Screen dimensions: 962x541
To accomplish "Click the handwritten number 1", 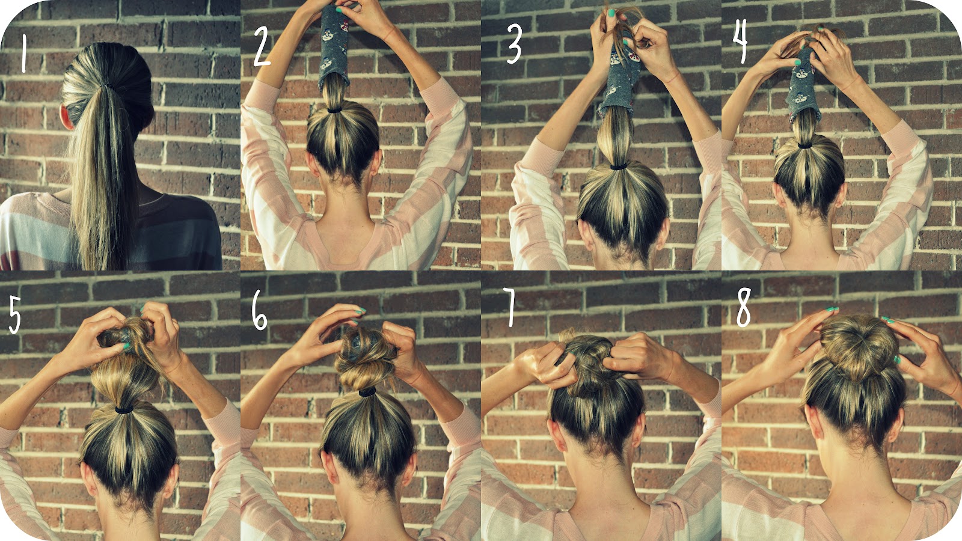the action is coord(23,53).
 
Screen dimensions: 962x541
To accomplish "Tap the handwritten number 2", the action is coord(262,46).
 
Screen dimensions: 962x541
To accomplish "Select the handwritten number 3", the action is coord(513,43).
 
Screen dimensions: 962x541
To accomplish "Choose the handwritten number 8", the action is coord(743,307).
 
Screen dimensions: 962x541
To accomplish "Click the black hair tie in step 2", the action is coord(334,111).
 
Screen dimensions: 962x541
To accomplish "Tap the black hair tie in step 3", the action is coord(618,166).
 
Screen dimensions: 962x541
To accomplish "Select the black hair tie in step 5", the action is coord(124,409).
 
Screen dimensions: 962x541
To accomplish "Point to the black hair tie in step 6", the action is coord(367,391).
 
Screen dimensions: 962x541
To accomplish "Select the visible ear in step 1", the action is coord(67,117).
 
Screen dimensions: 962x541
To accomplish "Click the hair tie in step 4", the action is coord(804,145).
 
